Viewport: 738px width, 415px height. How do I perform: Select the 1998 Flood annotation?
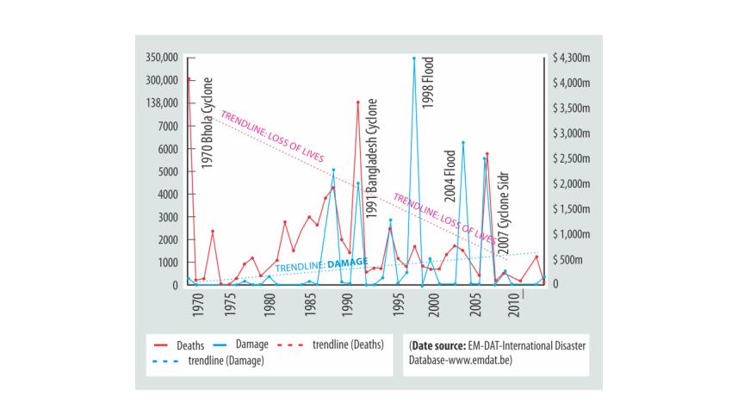pyautogui.click(x=428, y=82)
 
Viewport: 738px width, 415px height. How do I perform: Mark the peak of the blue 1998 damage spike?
pyautogui.click(x=414, y=59)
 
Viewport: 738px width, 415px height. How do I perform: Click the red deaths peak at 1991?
pyautogui.click(x=357, y=102)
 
